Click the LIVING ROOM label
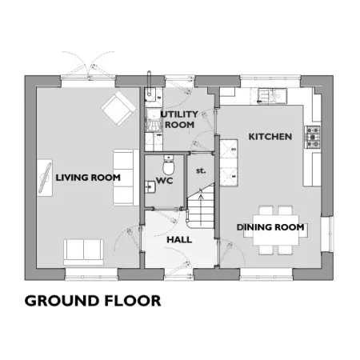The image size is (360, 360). [x=88, y=178]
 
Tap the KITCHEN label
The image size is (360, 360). [x=270, y=137]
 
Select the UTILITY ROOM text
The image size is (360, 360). [x=179, y=119]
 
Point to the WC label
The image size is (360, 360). [x=165, y=181]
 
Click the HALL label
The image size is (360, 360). [x=179, y=240]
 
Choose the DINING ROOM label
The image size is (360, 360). [x=270, y=227]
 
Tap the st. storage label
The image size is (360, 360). [x=201, y=170]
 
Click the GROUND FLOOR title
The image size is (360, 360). [x=93, y=301]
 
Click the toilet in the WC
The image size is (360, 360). [x=169, y=165]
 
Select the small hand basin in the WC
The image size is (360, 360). [x=150, y=186]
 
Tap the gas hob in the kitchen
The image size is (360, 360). [x=312, y=137]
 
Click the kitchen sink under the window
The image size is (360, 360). [x=272, y=95]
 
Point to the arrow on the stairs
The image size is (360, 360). [x=201, y=206]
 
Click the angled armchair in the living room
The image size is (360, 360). [x=118, y=108]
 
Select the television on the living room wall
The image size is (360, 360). [x=46, y=178]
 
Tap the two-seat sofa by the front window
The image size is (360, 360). [x=83, y=252]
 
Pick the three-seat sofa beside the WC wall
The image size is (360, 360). [x=126, y=178]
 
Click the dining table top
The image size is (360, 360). [x=276, y=230]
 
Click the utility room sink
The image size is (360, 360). [x=150, y=94]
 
